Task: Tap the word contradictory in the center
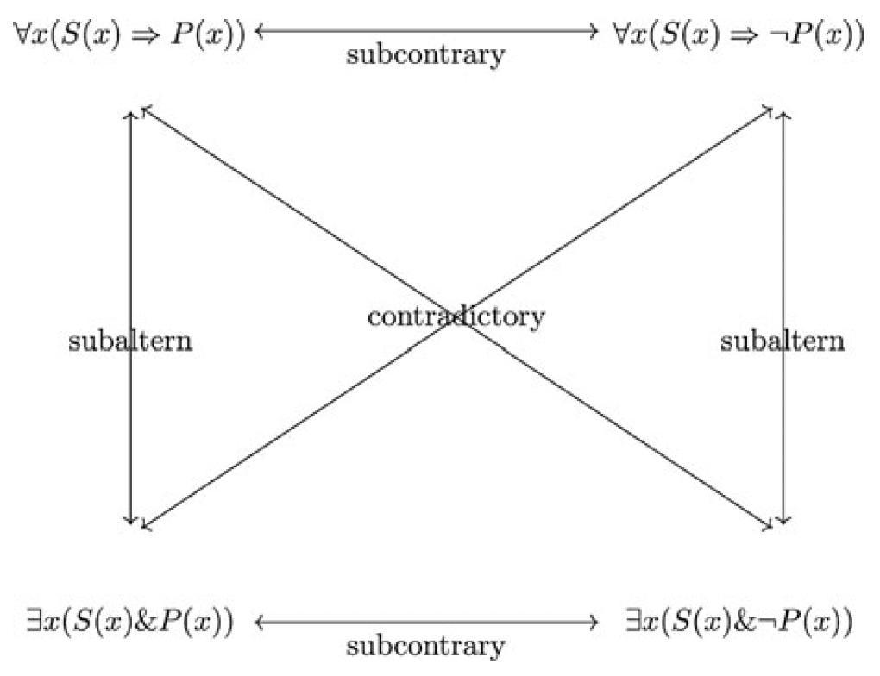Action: (456, 316)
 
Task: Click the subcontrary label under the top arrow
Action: (424, 56)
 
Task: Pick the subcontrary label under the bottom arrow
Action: (424, 646)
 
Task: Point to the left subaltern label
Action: (129, 342)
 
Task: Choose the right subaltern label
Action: (783, 342)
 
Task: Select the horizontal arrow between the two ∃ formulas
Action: (426, 621)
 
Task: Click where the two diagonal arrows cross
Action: (458, 318)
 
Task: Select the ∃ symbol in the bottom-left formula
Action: (34, 621)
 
